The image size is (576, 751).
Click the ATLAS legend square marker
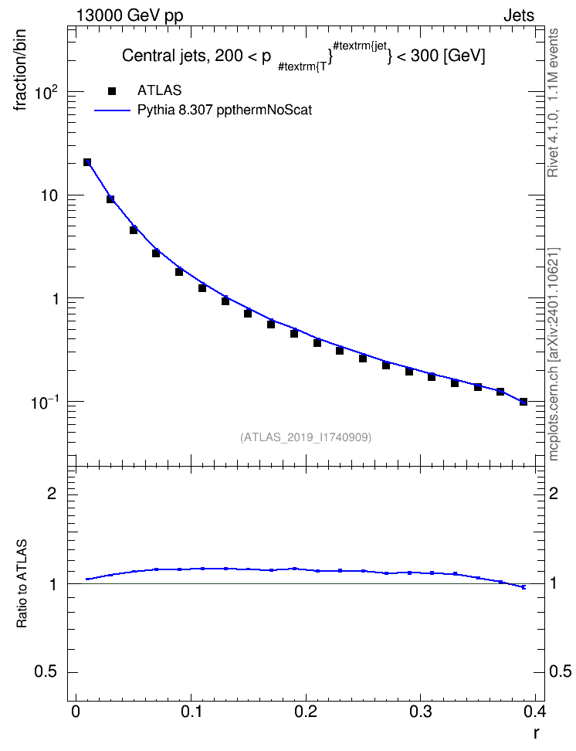(x=112, y=90)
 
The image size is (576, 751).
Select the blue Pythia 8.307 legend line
(x=112, y=110)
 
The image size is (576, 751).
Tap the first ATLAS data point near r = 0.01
(x=87, y=162)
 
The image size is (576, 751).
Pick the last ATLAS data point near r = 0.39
(x=523, y=401)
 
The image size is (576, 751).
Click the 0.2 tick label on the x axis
(x=306, y=712)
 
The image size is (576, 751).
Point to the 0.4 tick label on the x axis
(x=534, y=712)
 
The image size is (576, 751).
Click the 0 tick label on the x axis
(x=75, y=712)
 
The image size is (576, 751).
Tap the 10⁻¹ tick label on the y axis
(x=45, y=403)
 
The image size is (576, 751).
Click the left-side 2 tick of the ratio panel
(x=52, y=493)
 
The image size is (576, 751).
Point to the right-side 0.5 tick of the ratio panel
(x=560, y=672)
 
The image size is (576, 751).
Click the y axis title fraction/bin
(x=20, y=70)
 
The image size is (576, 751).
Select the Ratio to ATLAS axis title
(x=22, y=583)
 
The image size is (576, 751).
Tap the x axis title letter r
(x=537, y=733)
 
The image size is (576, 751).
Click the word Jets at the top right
(x=519, y=15)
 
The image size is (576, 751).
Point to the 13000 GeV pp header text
(x=130, y=15)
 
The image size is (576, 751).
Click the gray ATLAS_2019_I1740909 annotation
(x=306, y=437)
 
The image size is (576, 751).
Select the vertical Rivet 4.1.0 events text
(x=553, y=103)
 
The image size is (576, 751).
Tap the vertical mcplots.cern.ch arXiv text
(x=553, y=355)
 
